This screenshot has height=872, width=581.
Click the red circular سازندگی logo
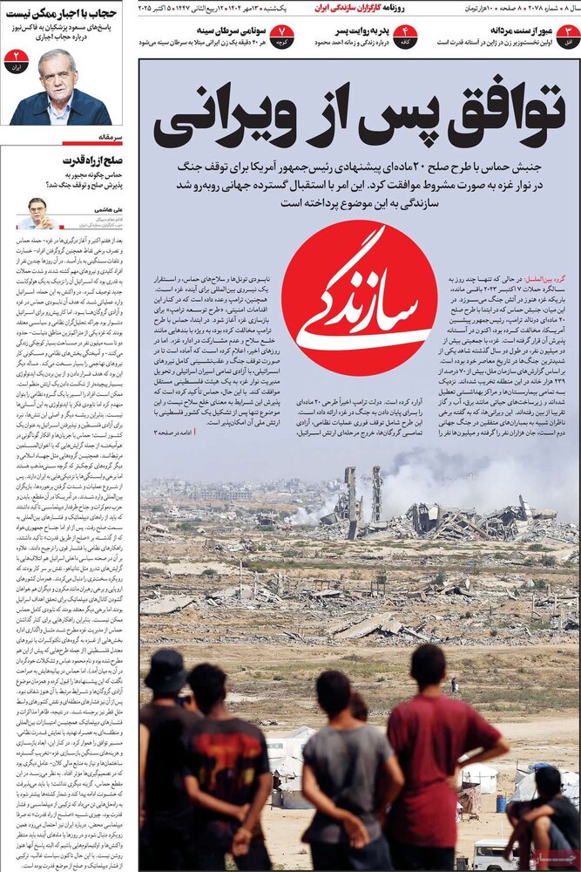tap(359, 298)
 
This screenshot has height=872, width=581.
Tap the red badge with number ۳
tap(568, 36)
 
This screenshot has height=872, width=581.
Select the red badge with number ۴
tap(404, 36)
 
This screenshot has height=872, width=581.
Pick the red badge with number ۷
tap(281, 36)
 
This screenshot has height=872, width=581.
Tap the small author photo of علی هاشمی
tap(37, 212)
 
